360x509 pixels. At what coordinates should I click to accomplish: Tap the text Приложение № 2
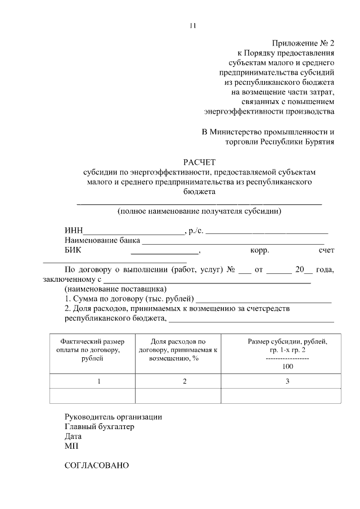click(303, 43)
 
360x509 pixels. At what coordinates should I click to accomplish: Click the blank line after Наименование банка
click(232, 241)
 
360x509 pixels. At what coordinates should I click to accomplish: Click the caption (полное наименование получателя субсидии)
click(199, 211)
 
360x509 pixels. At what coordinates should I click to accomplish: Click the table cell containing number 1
click(99, 382)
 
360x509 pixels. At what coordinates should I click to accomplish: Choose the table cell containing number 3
click(287, 382)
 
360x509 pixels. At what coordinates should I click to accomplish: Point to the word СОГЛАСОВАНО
click(97, 466)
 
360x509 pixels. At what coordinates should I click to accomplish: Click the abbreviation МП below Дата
click(71, 445)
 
